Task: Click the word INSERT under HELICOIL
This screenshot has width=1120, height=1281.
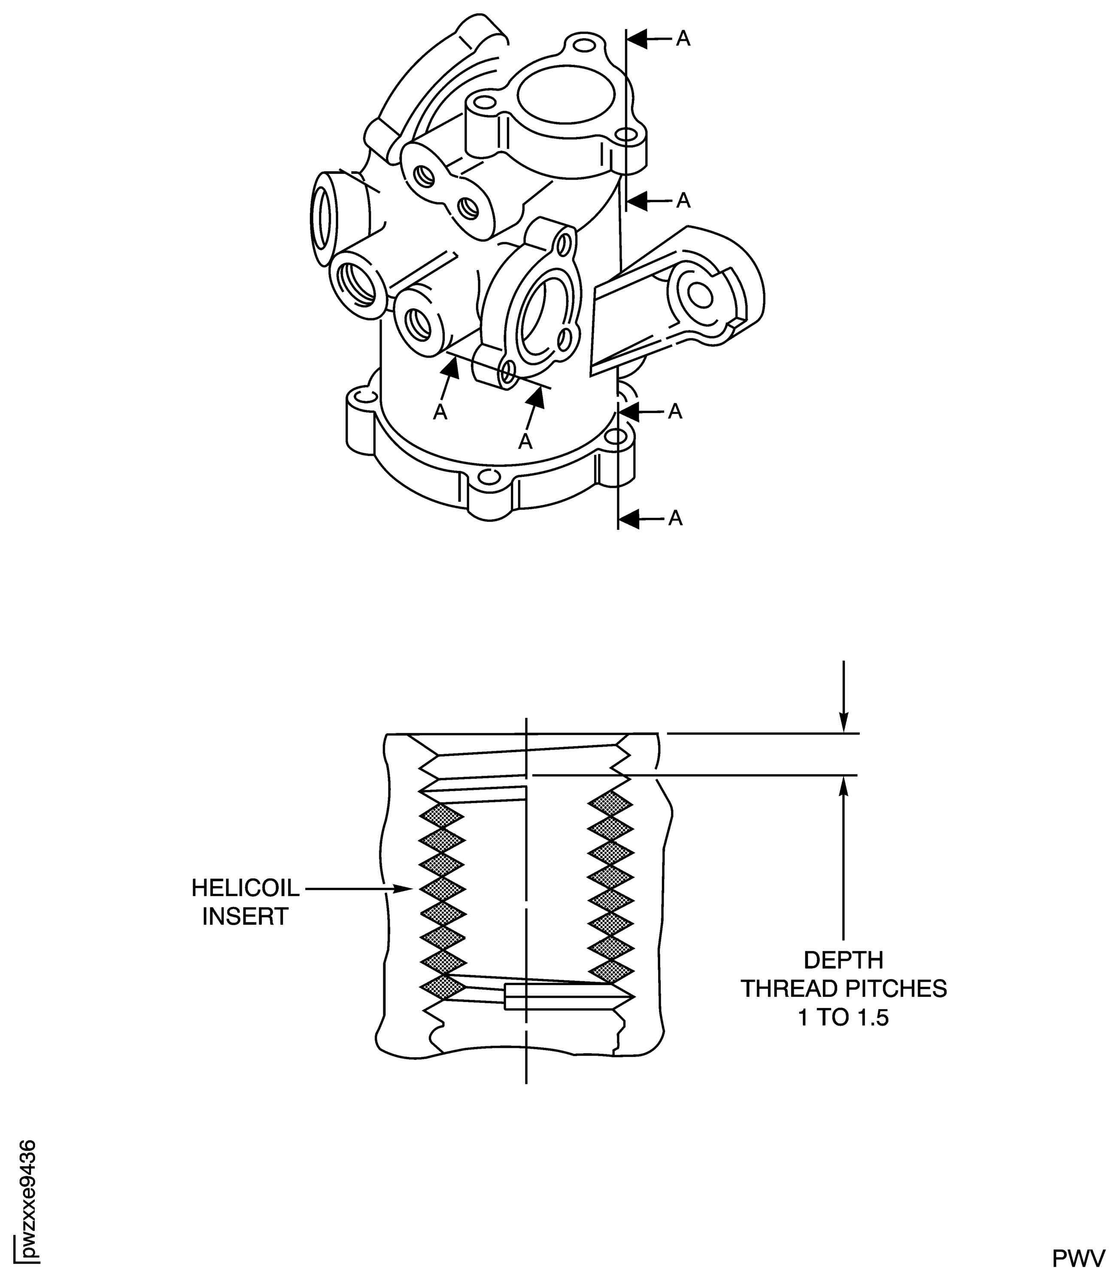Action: (x=245, y=917)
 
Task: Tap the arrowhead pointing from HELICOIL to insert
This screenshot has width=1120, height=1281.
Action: (x=405, y=889)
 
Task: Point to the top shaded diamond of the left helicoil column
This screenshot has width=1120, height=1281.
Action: (x=442, y=816)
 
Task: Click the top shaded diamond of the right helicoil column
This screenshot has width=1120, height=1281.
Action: (x=610, y=802)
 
